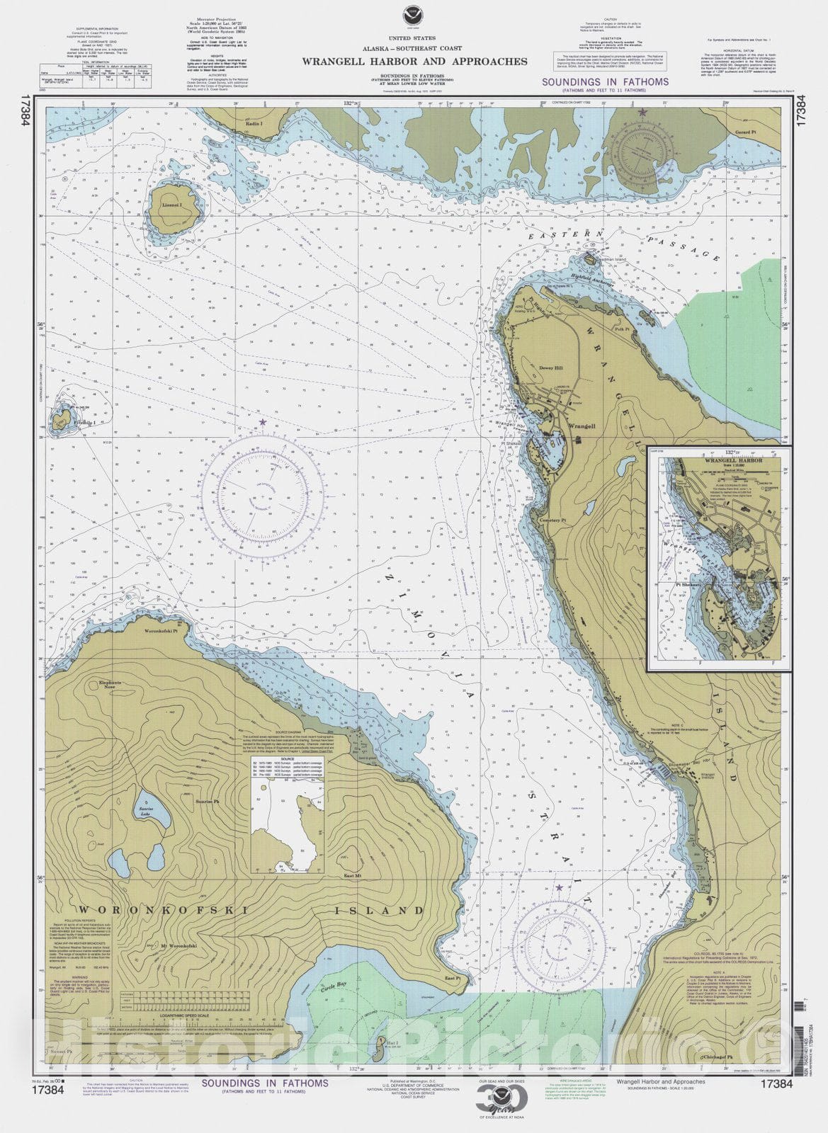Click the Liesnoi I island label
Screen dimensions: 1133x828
coord(172,205)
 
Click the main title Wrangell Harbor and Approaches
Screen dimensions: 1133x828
coord(414,62)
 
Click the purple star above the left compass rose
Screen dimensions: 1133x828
coord(263,423)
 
